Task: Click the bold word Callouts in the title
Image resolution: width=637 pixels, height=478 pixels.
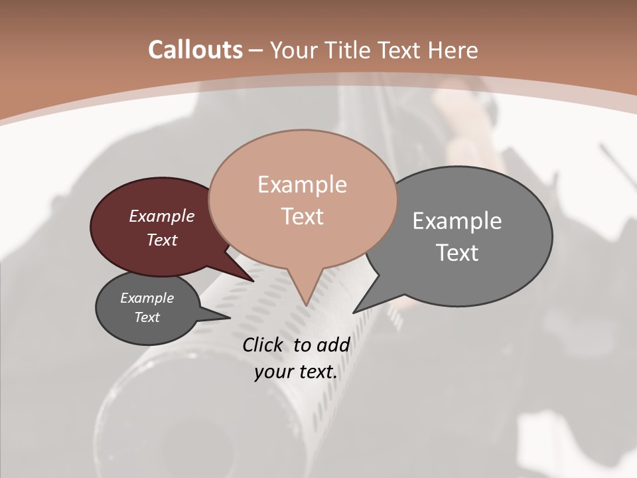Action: [x=195, y=50]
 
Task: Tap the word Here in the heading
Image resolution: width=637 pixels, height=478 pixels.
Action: [x=453, y=50]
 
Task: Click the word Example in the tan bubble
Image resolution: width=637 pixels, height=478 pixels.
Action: [x=302, y=185]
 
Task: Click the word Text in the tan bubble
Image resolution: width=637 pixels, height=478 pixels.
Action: [x=302, y=216]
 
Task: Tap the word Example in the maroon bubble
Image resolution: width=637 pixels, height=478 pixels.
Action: [x=162, y=216]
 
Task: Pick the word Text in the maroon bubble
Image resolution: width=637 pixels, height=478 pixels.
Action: [x=162, y=240]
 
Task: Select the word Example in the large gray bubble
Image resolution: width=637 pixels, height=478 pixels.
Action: [x=457, y=220]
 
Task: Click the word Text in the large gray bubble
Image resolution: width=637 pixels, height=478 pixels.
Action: [x=457, y=253]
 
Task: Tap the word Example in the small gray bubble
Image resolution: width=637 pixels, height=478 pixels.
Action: [x=147, y=298]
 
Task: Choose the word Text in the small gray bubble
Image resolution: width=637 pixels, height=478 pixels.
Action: [x=147, y=317]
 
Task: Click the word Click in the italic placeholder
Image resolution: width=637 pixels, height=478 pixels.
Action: [x=263, y=345]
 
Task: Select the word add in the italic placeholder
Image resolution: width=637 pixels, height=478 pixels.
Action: [x=333, y=345]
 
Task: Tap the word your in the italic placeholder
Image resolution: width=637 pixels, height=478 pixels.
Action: [x=273, y=372]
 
